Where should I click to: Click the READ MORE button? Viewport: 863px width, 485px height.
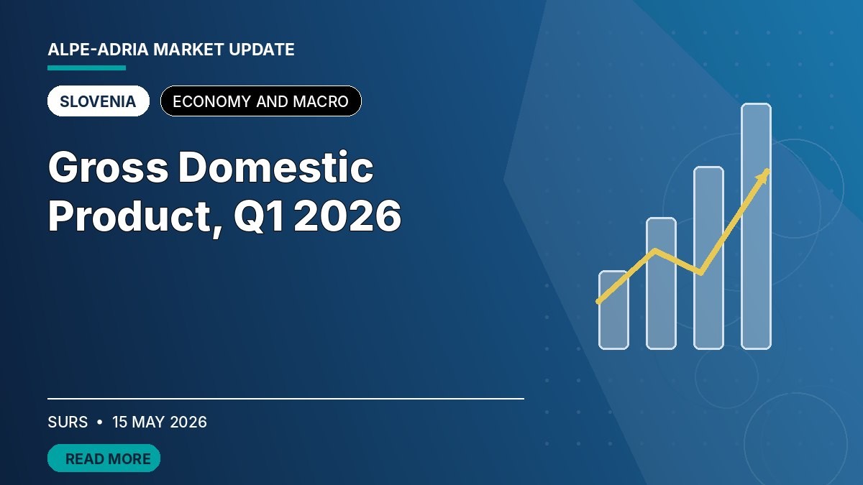point(104,458)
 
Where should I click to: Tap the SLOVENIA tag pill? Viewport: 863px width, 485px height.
point(99,101)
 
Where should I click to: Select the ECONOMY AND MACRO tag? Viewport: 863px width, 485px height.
point(261,101)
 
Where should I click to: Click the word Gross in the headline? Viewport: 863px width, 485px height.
point(109,167)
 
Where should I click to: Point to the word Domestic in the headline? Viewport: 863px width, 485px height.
point(276,167)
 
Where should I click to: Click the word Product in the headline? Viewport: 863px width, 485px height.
point(129,217)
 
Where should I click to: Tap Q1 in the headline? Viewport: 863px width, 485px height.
point(259,216)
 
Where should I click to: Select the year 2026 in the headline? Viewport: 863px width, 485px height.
point(347,216)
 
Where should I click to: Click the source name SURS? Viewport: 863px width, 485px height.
point(68,422)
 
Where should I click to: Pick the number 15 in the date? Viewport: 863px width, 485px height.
point(120,422)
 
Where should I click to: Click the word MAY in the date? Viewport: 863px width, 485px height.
point(148,422)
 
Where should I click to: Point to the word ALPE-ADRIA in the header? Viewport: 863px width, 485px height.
point(98,50)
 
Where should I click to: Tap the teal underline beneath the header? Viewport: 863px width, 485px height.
point(87,68)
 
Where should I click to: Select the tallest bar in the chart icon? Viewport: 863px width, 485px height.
point(757,226)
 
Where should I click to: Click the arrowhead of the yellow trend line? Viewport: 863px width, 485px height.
point(764,176)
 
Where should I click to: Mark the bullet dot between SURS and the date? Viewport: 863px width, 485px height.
point(100,422)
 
